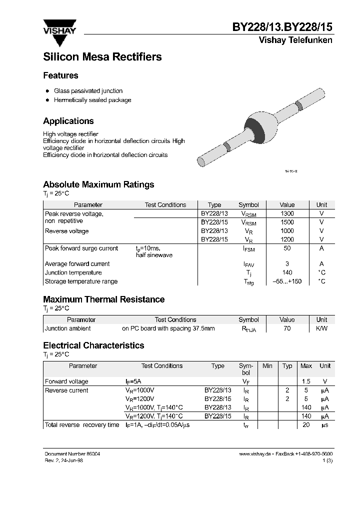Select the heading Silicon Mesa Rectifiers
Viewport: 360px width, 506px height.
pyautogui.click(x=102, y=57)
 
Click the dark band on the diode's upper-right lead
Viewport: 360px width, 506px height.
pyautogui.click(x=298, y=105)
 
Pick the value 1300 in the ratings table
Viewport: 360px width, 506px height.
pyautogui.click(x=287, y=213)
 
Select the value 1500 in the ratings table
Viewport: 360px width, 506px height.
pyautogui.click(x=287, y=222)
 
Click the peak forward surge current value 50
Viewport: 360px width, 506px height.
pyautogui.click(x=287, y=248)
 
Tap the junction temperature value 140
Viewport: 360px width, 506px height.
pyautogui.click(x=287, y=272)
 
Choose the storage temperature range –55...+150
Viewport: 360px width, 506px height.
pyautogui.click(x=287, y=281)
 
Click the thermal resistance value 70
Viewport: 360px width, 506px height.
pyautogui.click(x=287, y=328)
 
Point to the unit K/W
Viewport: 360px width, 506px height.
pyautogui.click(x=321, y=328)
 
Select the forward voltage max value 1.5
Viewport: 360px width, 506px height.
pyautogui.click(x=306, y=381)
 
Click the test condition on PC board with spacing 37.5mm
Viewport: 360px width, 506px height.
pyautogui.click(x=168, y=328)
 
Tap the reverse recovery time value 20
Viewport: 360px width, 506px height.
pyautogui.click(x=306, y=425)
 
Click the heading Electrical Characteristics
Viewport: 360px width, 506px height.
pyautogui.click(x=93, y=345)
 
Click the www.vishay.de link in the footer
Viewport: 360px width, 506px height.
pyautogui.click(x=255, y=453)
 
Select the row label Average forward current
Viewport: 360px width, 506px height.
pyautogui.click(x=77, y=264)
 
